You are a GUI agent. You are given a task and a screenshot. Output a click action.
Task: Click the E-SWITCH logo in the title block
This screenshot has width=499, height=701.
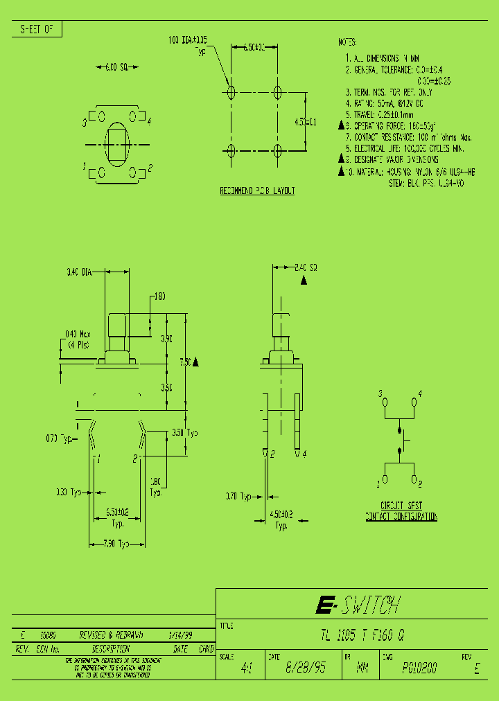pos(356,605)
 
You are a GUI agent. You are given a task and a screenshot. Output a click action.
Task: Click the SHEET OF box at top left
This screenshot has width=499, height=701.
pos(37,29)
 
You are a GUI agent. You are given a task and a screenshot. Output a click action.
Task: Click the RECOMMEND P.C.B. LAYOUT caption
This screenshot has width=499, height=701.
pos(257,190)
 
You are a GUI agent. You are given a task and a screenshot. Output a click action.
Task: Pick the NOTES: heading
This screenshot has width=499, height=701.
pos(347,42)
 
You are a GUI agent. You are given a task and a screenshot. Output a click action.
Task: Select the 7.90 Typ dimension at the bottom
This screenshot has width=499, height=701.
pos(116,544)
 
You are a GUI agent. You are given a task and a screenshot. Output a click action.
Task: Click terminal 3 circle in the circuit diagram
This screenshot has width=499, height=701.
pos(385,402)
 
